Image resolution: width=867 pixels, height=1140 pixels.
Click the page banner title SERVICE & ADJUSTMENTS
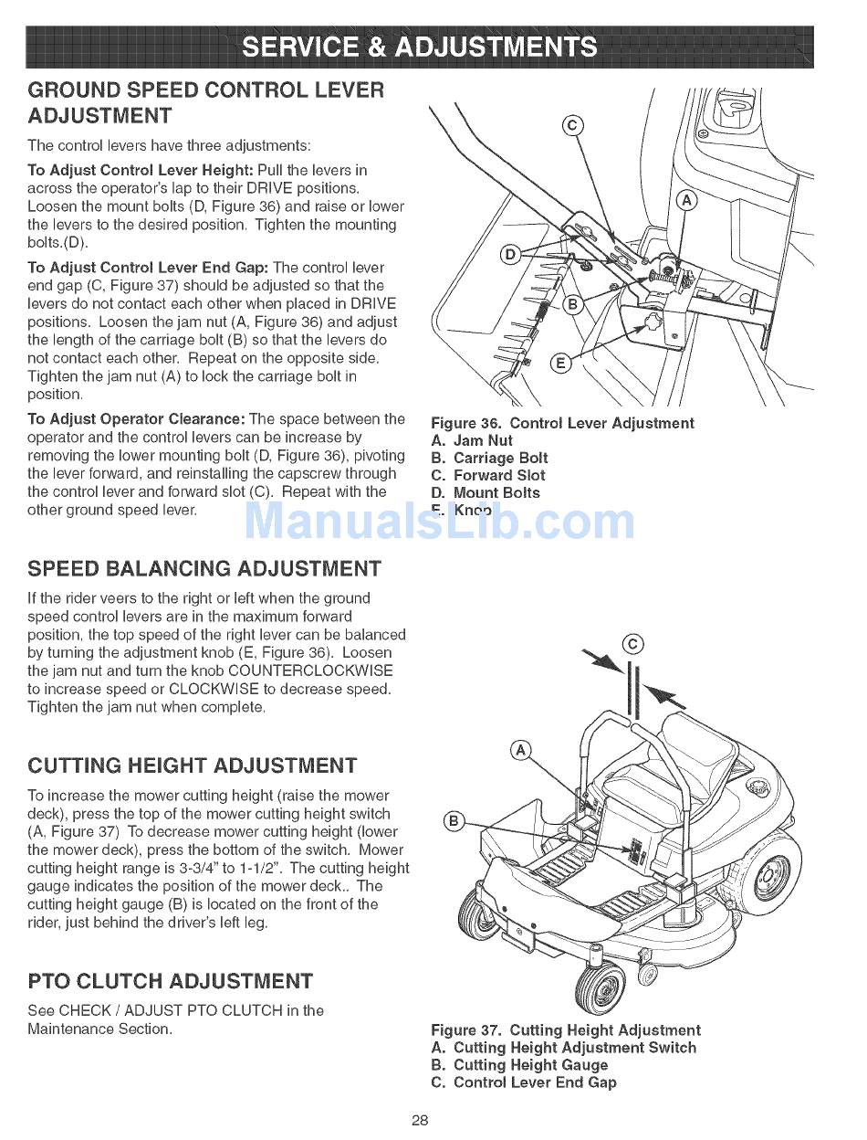coord(421,47)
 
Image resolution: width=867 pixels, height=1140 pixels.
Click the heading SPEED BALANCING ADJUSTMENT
coord(204,569)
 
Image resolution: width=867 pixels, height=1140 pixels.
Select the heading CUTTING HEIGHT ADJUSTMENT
coord(193,765)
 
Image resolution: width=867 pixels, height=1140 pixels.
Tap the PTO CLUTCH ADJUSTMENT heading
coord(171,982)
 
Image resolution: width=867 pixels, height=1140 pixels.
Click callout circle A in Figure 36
coord(686,201)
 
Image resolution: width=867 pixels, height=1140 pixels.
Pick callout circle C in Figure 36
coord(571,126)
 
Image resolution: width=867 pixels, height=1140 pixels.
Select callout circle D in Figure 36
coord(511,254)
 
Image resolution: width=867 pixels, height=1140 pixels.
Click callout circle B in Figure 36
coord(572,304)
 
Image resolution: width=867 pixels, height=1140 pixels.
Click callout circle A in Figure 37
coord(520,751)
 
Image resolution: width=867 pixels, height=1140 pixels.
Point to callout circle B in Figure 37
coord(454,819)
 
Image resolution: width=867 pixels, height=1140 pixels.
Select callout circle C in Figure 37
coord(631,643)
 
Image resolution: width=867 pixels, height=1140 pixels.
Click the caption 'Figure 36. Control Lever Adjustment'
coord(562,423)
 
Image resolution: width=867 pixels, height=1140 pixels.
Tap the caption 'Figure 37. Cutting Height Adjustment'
coord(566,1030)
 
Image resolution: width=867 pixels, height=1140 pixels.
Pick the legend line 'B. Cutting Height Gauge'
coord(519,1065)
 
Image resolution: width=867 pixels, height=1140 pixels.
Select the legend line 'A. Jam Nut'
coord(472,440)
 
